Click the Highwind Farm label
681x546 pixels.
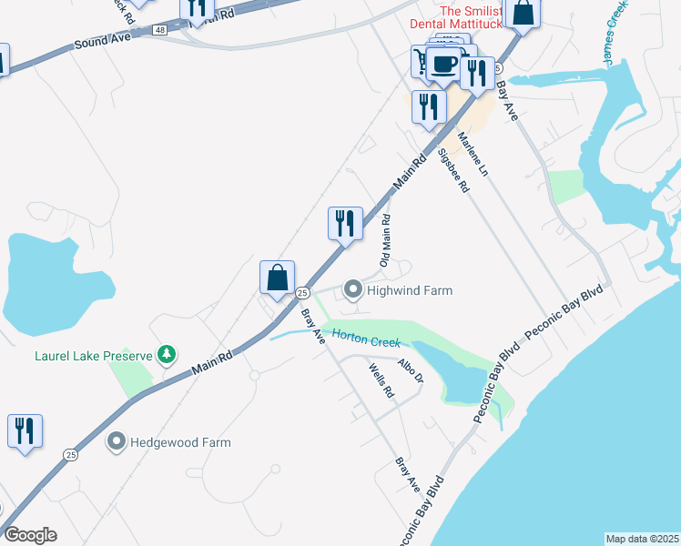(x=409, y=290)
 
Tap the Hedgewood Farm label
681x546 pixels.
(x=180, y=442)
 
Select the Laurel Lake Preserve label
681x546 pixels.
(x=94, y=355)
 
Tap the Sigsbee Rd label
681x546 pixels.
(x=452, y=170)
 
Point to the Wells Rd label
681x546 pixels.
(x=381, y=381)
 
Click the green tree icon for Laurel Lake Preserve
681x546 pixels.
(x=166, y=353)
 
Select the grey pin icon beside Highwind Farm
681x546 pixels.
(x=352, y=290)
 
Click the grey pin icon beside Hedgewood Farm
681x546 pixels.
(x=116, y=442)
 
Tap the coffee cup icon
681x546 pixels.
(x=444, y=64)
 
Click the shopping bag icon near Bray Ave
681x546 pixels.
(x=277, y=278)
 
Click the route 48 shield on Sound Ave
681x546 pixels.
(x=160, y=30)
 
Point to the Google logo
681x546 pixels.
(x=30, y=535)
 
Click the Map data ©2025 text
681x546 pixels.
(x=642, y=539)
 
